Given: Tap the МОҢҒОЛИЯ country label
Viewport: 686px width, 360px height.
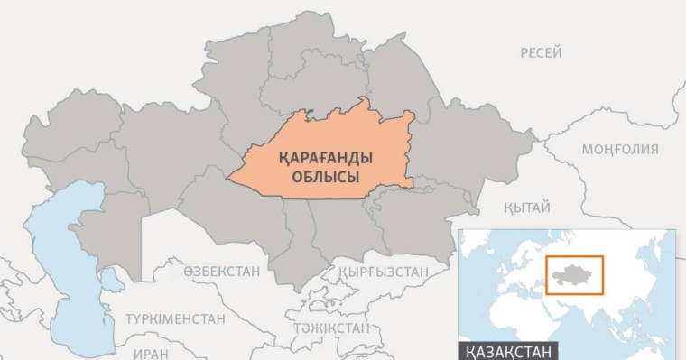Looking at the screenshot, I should [x=619, y=149].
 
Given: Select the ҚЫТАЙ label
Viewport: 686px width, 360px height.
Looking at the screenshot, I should [x=527, y=208].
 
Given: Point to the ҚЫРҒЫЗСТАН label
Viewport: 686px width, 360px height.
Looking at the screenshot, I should [x=384, y=271].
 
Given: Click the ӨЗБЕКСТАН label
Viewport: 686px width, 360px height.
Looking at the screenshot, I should [x=221, y=271].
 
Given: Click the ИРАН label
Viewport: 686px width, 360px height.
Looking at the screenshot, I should [x=151, y=354].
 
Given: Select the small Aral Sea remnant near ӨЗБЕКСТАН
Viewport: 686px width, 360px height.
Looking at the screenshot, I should [x=112, y=282].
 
